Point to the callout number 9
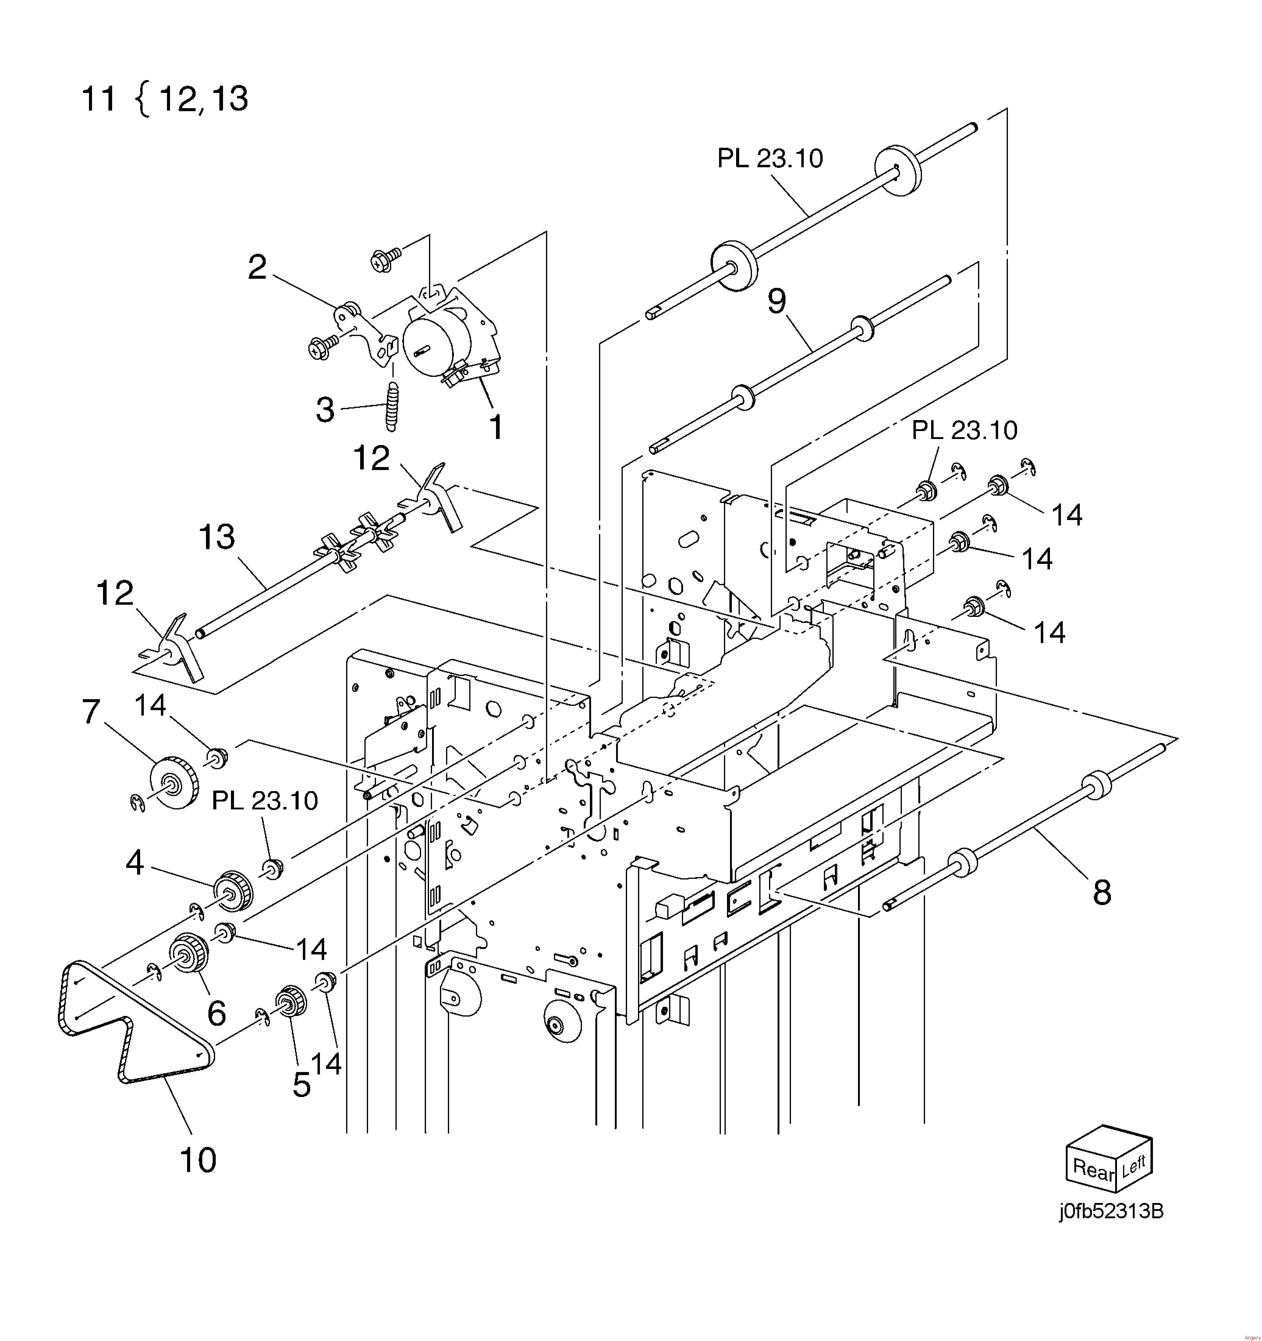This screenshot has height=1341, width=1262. point(777,302)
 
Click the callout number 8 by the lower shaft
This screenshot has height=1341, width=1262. point(1101,893)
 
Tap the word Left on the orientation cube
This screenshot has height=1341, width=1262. point(1133,1166)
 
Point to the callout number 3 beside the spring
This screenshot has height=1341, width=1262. point(325,409)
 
